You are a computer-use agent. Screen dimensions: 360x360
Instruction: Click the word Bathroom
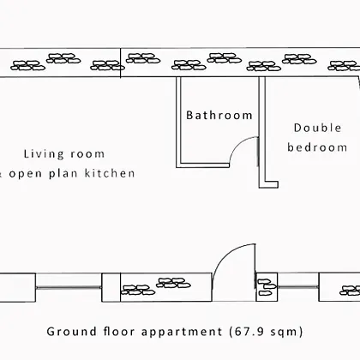(x=219, y=115)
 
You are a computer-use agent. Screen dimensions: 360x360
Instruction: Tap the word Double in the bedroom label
(x=317, y=128)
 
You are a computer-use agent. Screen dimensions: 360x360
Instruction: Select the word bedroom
(x=317, y=147)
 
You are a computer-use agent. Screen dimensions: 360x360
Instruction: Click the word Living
(x=44, y=154)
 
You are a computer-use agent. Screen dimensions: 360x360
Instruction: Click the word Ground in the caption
(x=72, y=332)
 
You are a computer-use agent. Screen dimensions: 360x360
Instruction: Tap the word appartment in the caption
(x=182, y=333)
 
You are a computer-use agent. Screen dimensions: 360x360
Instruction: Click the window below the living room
(x=69, y=287)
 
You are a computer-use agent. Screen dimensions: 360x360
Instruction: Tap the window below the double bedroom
(x=298, y=287)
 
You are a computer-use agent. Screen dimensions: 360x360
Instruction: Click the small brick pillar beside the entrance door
(x=267, y=287)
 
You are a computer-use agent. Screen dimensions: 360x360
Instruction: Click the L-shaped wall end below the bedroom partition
(x=268, y=184)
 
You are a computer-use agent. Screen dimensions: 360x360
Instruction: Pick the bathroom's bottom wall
(x=202, y=165)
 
